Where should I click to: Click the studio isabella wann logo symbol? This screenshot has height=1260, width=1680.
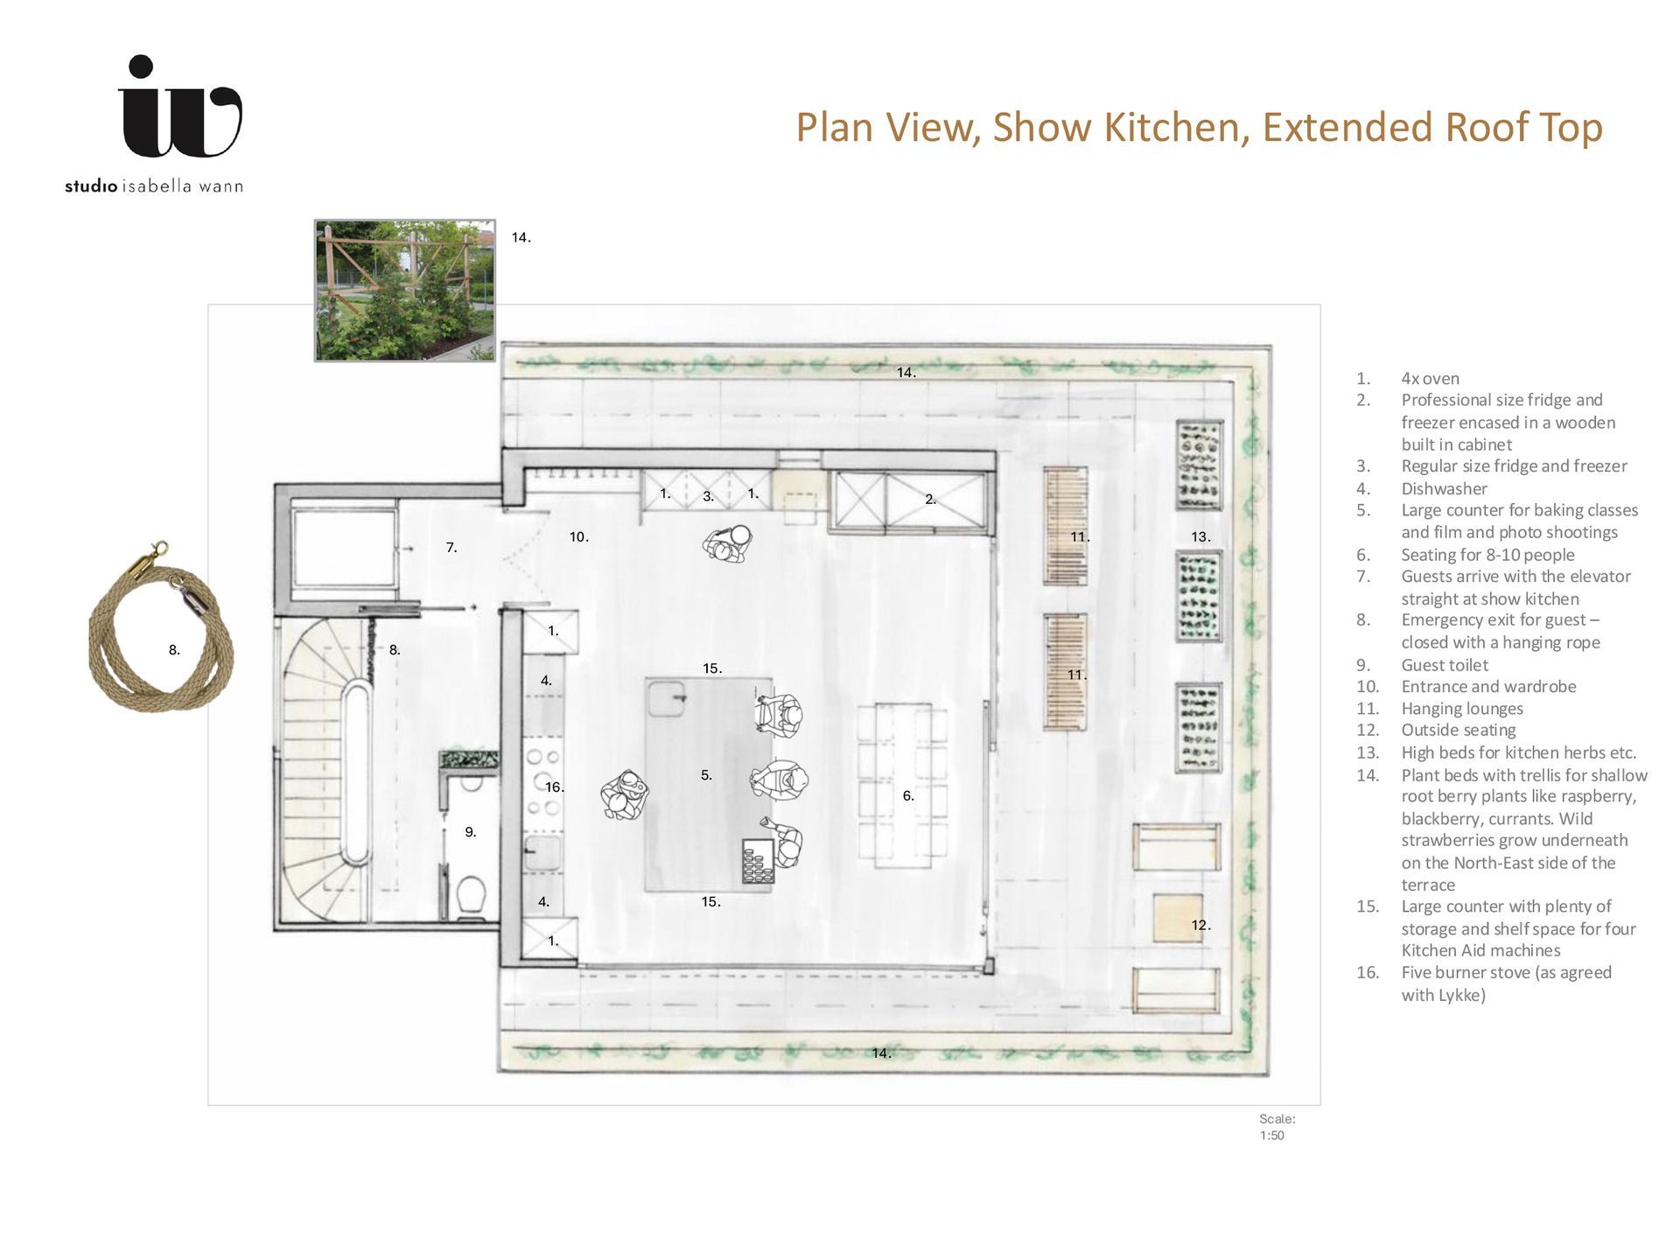point(180,107)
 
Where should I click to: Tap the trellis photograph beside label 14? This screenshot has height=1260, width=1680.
point(405,290)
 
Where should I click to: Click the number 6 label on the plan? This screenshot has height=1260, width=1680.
point(908,795)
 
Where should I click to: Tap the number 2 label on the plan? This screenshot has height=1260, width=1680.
point(930,499)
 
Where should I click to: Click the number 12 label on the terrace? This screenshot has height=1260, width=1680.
point(1200,925)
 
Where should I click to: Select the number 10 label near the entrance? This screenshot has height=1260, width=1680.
point(578,536)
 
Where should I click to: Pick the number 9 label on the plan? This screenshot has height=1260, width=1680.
point(470,832)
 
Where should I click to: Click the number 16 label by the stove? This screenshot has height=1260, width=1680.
point(555,787)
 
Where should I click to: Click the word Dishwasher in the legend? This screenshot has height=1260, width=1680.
point(1444,488)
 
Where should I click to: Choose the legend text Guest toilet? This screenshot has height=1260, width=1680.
point(1445,665)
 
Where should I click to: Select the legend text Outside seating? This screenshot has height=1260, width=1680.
point(1459,730)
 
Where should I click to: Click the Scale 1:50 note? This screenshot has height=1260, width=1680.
point(1277,1127)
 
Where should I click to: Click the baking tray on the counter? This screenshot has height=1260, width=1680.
point(758,861)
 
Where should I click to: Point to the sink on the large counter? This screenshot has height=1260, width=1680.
point(666,698)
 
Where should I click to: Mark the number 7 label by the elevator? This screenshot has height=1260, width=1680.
point(451,547)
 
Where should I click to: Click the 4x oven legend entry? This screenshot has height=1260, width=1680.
point(1430,378)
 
